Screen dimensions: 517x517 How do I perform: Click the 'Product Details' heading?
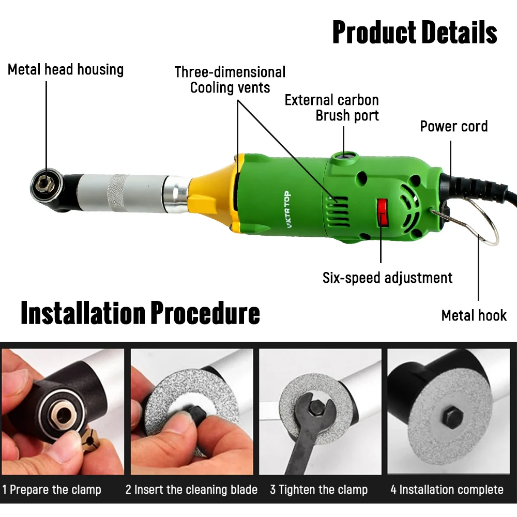pos(415,32)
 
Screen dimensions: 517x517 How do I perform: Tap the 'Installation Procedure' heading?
pos(141,313)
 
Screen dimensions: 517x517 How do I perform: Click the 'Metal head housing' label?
pos(66,70)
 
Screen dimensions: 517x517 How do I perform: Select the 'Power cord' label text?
pos(454,126)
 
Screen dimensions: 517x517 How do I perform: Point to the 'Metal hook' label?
pos(474,315)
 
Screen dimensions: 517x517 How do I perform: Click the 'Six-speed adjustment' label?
pos(387,278)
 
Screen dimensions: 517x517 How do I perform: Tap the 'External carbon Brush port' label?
pos(332,108)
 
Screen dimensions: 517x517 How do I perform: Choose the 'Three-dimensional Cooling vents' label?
pos(230,80)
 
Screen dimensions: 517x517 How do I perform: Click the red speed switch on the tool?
pos(383,212)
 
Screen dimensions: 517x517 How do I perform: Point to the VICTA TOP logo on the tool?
pos(287,209)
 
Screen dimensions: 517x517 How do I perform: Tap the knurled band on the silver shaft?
pos(118,193)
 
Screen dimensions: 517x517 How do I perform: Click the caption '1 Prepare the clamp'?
pos(52,490)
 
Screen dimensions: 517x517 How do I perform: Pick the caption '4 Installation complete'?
pos(447,490)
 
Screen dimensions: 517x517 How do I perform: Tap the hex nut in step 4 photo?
pos(452,417)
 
